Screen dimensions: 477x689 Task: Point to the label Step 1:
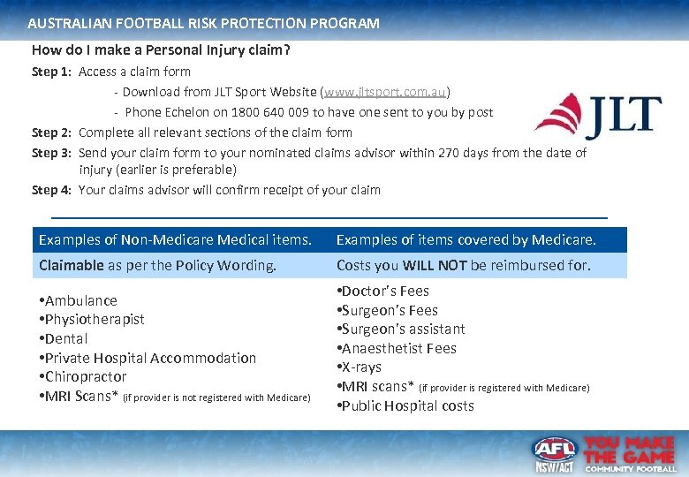51,72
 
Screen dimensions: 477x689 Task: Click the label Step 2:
51,132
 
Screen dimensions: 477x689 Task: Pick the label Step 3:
51,153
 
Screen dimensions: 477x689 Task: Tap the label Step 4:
51,190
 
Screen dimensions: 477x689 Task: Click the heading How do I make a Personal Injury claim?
160,50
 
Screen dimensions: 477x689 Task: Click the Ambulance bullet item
79,300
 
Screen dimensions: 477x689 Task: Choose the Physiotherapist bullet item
92,319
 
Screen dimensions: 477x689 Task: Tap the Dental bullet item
64,338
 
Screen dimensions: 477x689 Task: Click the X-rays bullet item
360,367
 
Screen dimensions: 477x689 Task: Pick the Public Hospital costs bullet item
405,406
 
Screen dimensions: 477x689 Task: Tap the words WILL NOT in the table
434,265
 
